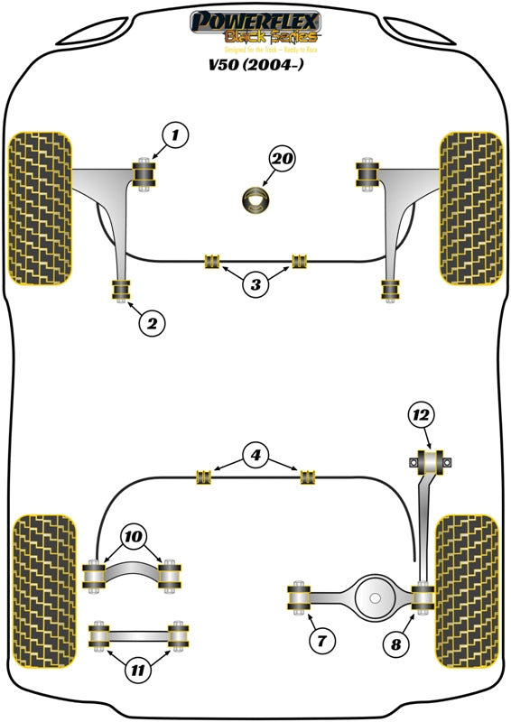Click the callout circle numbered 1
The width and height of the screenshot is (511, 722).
click(x=175, y=137)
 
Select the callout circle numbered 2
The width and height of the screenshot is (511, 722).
click(x=152, y=322)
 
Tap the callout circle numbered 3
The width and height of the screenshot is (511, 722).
click(x=255, y=285)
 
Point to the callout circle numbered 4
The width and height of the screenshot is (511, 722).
click(x=255, y=456)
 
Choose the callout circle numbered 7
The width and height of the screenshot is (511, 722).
click(x=322, y=642)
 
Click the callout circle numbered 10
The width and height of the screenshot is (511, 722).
click(x=134, y=538)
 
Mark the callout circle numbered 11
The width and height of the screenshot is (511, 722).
click(x=136, y=669)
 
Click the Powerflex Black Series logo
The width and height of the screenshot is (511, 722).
click(x=254, y=26)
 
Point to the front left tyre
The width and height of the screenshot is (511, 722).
click(x=40, y=208)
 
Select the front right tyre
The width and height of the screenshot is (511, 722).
click(x=470, y=208)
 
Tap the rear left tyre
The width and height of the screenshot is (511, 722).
click(x=42, y=591)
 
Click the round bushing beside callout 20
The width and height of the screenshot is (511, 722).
click(x=256, y=200)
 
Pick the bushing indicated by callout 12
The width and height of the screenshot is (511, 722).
click(x=430, y=463)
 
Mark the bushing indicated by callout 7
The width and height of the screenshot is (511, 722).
click(x=298, y=597)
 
